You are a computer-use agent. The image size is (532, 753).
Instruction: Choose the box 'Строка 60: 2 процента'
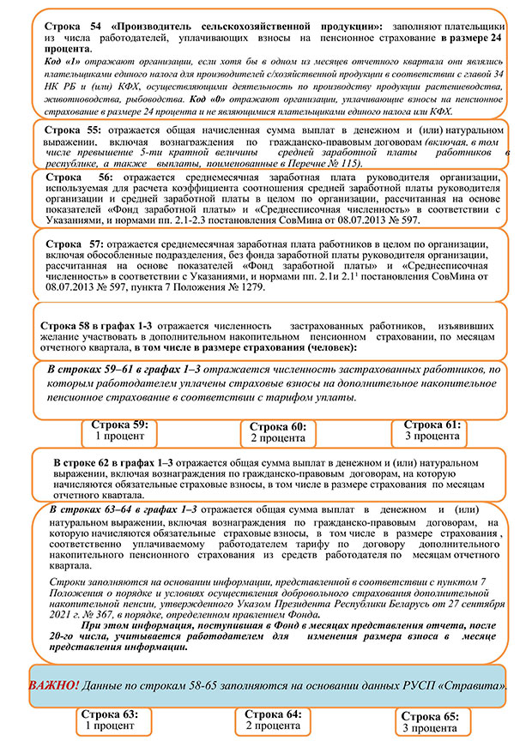(x=277, y=433)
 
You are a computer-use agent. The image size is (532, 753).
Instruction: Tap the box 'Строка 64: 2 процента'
(x=273, y=720)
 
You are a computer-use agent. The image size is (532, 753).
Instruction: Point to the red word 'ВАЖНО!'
(x=53, y=687)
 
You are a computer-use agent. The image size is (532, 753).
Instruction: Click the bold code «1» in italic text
(x=76, y=64)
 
